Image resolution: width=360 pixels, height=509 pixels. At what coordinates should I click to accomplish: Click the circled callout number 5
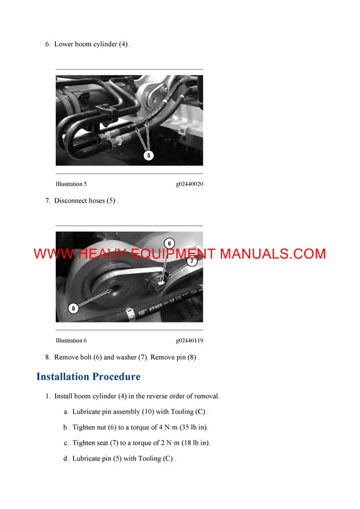[149, 155]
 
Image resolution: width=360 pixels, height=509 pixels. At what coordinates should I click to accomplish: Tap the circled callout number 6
[169, 243]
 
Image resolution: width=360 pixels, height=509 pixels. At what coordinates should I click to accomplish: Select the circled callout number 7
[191, 261]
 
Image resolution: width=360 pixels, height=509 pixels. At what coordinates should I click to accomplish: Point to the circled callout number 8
[73, 308]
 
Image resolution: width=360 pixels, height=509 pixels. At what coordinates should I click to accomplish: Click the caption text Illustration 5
[71, 184]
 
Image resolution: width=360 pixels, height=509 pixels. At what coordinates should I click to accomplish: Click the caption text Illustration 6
[71, 341]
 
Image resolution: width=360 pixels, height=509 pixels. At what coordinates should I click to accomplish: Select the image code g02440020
[189, 184]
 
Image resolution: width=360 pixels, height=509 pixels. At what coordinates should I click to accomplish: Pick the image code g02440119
[189, 341]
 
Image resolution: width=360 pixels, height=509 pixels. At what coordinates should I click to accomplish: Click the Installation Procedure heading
[88, 377]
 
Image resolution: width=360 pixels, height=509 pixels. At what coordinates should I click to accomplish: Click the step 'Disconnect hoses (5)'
[86, 201]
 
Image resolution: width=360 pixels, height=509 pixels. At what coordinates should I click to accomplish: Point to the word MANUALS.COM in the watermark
[272, 254]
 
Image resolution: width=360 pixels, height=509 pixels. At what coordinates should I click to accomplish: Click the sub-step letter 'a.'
[66, 412]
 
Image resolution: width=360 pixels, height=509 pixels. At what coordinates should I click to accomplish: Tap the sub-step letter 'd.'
[66, 459]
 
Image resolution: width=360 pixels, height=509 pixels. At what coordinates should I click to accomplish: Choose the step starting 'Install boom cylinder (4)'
[136, 396]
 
